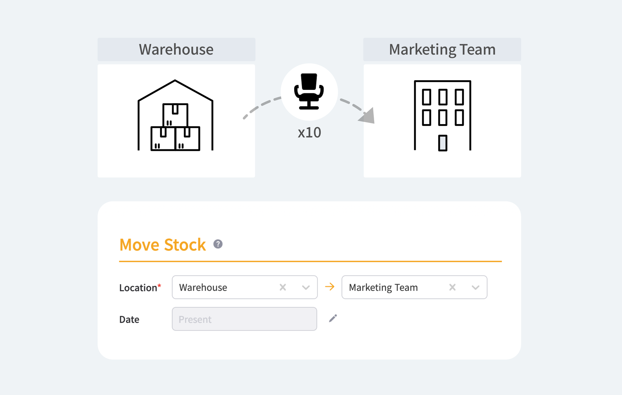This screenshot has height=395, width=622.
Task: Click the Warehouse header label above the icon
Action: coord(176,49)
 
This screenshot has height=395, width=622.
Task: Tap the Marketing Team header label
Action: coord(442,49)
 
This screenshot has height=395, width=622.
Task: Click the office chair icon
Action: coord(309,91)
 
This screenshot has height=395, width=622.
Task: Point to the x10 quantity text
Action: coord(309,132)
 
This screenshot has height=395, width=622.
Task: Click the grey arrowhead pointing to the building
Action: coord(368,116)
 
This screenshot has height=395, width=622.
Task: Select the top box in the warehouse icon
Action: coord(175,115)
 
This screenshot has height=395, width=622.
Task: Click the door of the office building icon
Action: coord(443,143)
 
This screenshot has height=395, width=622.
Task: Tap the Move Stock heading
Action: coord(162,244)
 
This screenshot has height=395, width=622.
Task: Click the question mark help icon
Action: coord(218,244)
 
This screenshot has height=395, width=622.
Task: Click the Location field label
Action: coord(138,288)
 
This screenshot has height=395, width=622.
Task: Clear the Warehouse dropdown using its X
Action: coord(283,287)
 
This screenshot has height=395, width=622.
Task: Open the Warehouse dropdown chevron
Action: coord(306,287)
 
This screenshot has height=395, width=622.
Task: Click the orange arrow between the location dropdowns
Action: coord(330,286)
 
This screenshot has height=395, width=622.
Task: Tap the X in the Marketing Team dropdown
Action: coord(453,287)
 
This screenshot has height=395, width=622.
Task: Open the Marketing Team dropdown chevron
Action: coord(475,287)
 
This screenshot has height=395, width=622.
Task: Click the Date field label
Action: coord(129,319)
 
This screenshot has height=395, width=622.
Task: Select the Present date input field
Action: coord(244,319)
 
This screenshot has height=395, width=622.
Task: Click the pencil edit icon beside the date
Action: coord(333,318)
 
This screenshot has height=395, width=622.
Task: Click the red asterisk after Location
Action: coord(159,285)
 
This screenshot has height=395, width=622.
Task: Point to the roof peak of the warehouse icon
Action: coord(175,81)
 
